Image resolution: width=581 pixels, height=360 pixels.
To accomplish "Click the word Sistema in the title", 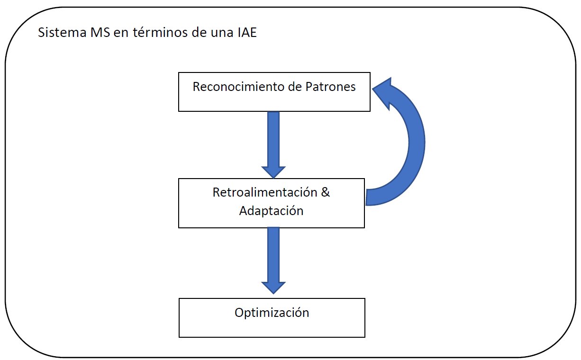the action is [x=62, y=33].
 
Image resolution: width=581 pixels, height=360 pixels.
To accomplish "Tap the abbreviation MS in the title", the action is [x=100, y=33].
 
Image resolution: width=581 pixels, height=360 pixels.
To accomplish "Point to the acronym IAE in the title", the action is [x=247, y=33].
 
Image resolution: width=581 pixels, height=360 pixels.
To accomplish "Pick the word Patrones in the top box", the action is [x=330, y=87].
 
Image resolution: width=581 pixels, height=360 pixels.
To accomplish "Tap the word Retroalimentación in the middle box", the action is [x=265, y=192].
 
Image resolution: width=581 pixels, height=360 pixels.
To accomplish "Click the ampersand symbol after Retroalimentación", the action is [x=325, y=192].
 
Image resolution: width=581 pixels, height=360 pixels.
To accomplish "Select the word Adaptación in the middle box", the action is [x=271, y=211].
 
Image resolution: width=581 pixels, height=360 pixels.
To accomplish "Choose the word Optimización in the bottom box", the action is [x=272, y=313].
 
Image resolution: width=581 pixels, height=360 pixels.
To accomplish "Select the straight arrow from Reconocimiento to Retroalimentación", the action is [x=273, y=144].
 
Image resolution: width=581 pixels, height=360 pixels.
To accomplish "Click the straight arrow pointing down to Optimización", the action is [x=273, y=260].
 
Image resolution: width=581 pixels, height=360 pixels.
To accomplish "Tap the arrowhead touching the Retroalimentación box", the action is [x=273, y=172].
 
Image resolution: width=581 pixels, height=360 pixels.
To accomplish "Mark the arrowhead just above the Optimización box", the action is [x=273, y=288].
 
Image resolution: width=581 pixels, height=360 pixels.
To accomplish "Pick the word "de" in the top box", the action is [x=295, y=87].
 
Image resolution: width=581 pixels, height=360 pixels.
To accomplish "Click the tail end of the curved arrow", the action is [x=366, y=198].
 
